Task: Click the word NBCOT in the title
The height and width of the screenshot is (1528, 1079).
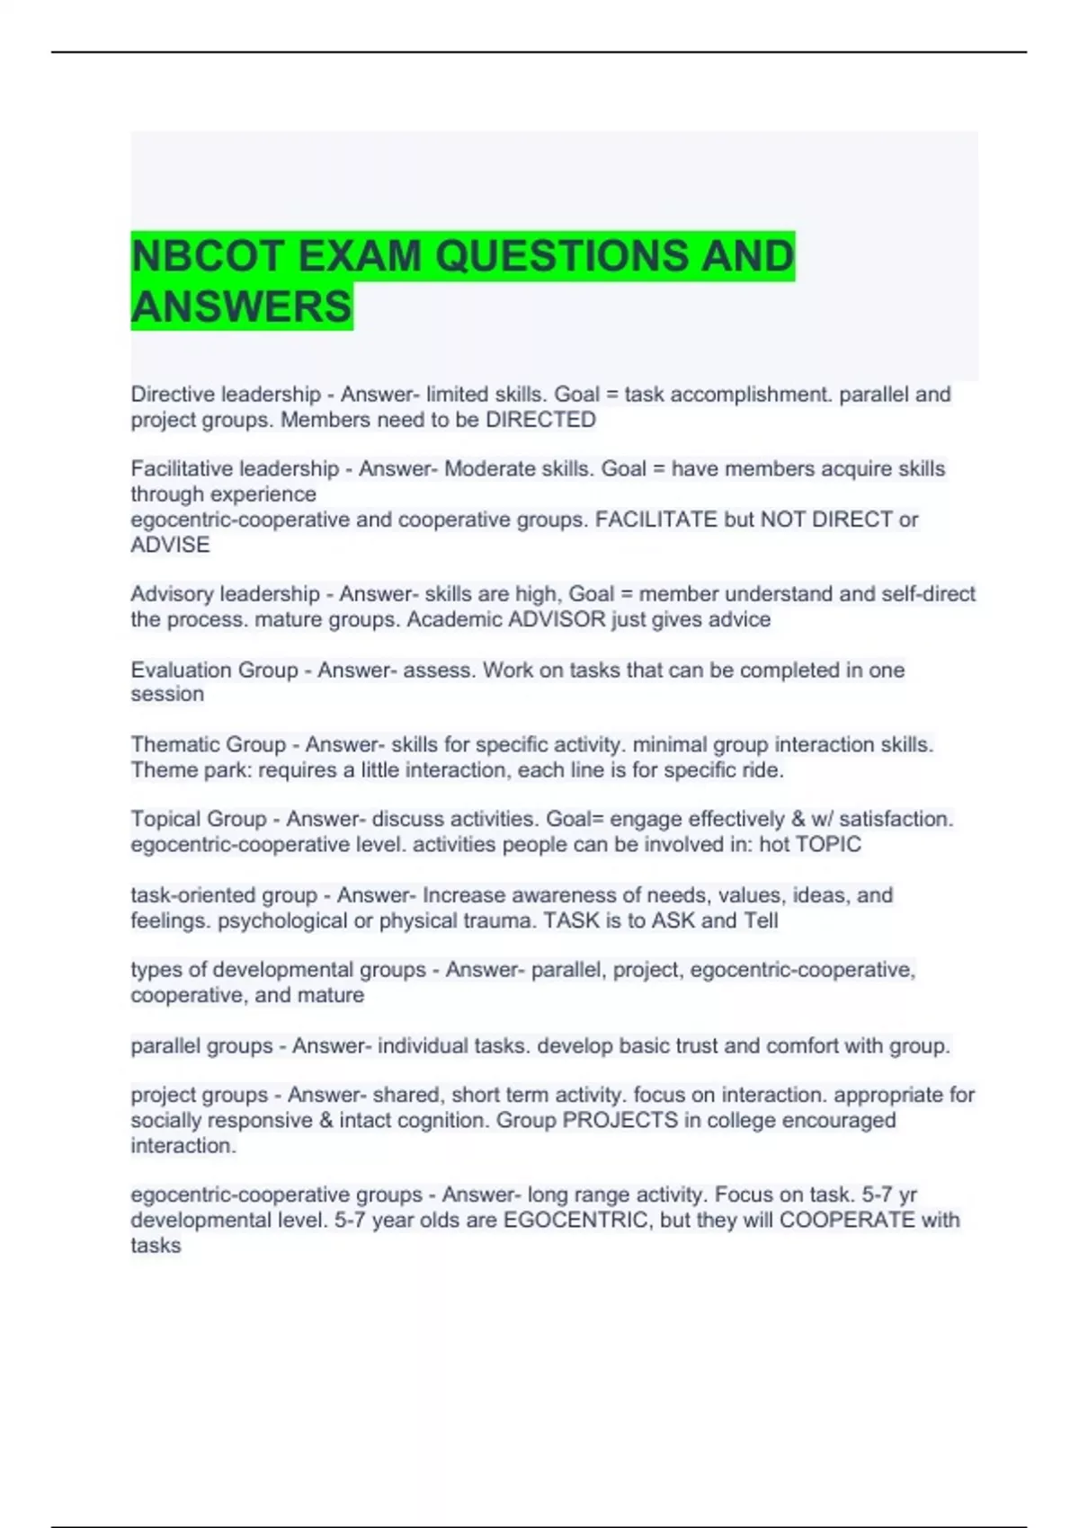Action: pyautogui.click(x=207, y=256)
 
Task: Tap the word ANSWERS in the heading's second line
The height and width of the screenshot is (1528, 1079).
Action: pyautogui.click(x=241, y=306)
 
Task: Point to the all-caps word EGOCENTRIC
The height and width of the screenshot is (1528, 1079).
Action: pyautogui.click(x=576, y=1221)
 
